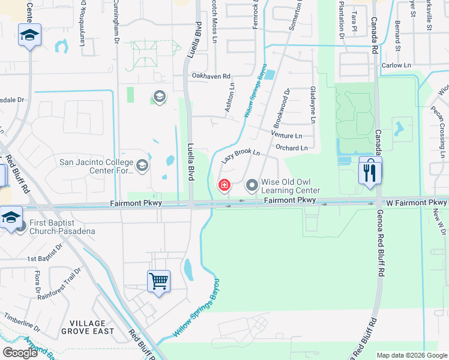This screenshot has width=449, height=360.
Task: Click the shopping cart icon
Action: [x=159, y=281]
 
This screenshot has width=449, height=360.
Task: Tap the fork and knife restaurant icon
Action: [x=370, y=172]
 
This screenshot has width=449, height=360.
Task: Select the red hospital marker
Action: [x=224, y=186]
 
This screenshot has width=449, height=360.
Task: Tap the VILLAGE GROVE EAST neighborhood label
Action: [x=88, y=326]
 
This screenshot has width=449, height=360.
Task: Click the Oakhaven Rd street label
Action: [x=211, y=76]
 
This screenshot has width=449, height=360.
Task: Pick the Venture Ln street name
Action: [x=286, y=136]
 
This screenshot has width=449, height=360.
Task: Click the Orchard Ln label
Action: [x=292, y=148]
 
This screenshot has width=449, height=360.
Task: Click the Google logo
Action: [x=20, y=353]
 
